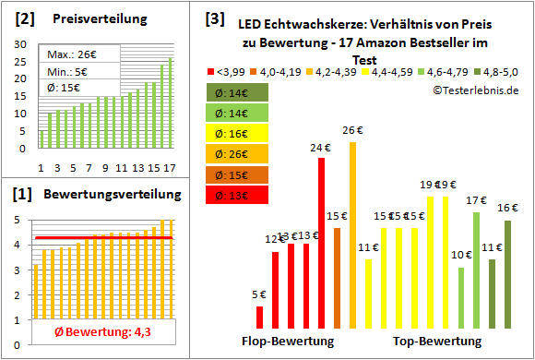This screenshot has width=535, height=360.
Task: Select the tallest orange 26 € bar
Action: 352,234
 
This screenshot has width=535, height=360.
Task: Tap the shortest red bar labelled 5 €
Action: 259,317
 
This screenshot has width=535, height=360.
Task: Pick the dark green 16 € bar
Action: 507,274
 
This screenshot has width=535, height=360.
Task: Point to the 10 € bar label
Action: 460,255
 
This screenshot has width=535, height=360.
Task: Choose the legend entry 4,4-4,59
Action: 393,71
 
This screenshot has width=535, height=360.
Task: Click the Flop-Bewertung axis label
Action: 288,341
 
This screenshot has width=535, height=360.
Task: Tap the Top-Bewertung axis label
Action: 437,341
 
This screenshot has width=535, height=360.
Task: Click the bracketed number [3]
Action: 214,18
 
